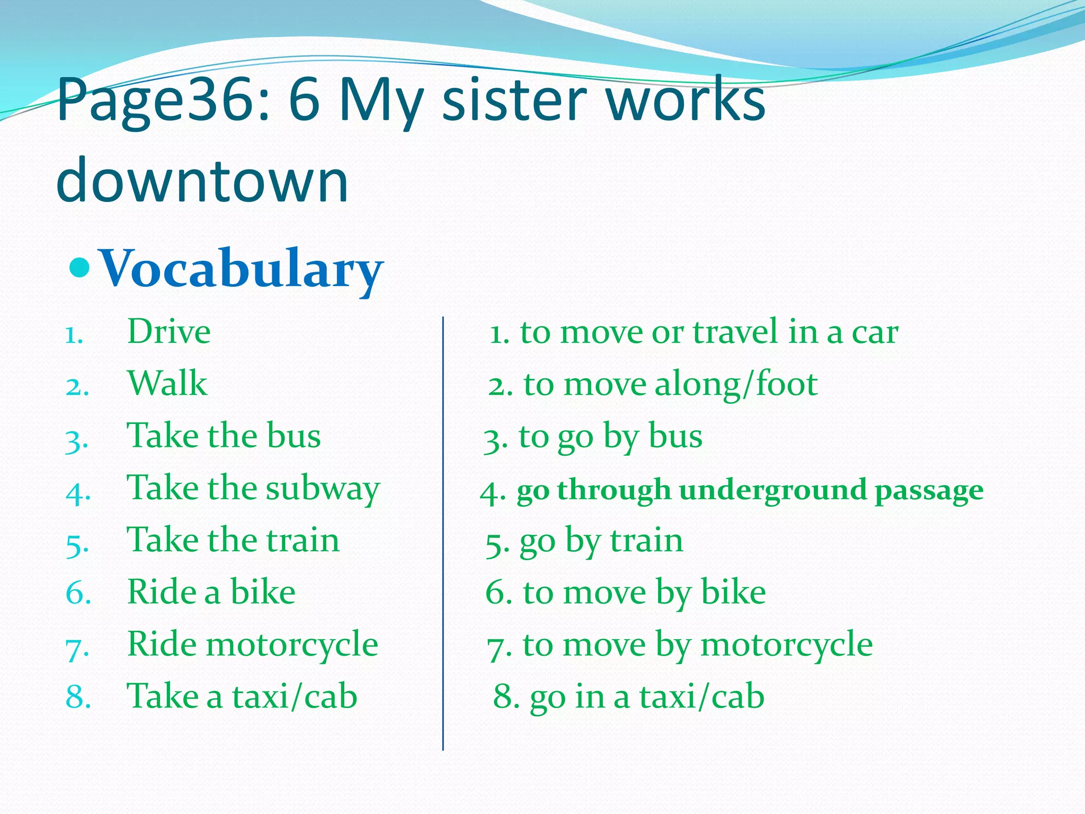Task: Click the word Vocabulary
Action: click(x=241, y=269)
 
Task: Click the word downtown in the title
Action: click(x=202, y=181)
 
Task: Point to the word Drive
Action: click(x=168, y=332)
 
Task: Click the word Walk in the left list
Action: click(x=167, y=383)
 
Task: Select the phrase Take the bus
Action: click(x=224, y=436)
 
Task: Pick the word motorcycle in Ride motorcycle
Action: click(x=292, y=644)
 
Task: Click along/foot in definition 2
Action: click(x=736, y=384)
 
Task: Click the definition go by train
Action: click(x=601, y=541)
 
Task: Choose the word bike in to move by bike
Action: click(x=733, y=592)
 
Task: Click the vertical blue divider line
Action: click(x=443, y=530)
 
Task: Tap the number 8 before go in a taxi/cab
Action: click(x=502, y=696)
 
